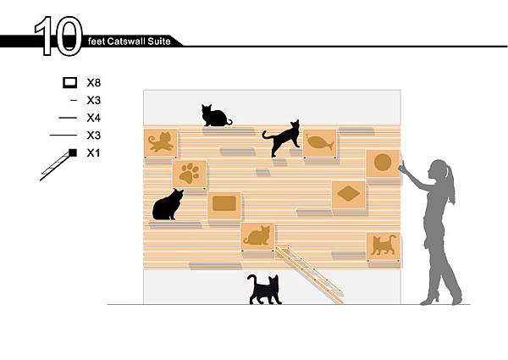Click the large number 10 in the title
[58, 36]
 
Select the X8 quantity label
[94, 83]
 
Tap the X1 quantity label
[94, 153]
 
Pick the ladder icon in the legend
[58, 164]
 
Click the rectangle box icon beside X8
[70, 83]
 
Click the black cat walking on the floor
[264, 290]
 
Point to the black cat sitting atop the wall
[215, 116]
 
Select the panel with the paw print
[189, 174]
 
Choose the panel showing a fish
[320, 143]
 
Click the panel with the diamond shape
[349, 195]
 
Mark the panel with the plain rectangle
[224, 206]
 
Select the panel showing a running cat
[161, 142]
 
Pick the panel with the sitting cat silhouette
[258, 236]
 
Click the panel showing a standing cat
[384, 246]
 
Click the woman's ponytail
[450, 185]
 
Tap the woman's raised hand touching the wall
[402, 167]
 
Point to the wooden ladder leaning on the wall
[309, 274]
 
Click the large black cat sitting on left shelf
[168, 205]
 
